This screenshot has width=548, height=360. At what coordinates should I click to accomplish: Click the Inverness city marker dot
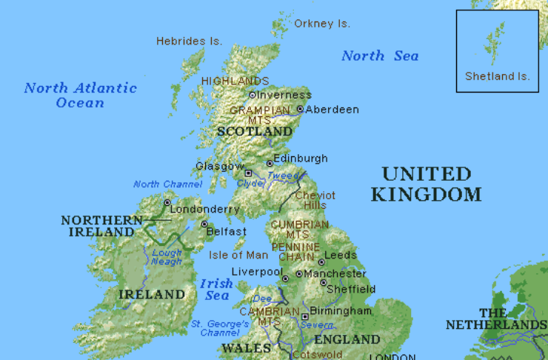[252, 95]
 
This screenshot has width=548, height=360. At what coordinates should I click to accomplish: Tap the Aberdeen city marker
[300, 109]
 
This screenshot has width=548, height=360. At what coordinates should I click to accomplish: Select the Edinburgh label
[300, 159]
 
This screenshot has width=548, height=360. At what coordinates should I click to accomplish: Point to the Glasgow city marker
[249, 173]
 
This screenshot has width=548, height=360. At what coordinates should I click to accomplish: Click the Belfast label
[226, 232]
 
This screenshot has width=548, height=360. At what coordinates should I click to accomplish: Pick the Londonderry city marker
[167, 202]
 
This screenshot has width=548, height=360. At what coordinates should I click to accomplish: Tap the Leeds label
[341, 255]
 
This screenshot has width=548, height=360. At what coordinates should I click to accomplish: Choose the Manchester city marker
[299, 274]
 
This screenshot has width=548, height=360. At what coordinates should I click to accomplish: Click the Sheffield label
[351, 289]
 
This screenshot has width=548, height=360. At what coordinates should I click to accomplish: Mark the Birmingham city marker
[304, 316]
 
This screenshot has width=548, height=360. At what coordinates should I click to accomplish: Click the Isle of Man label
[238, 255]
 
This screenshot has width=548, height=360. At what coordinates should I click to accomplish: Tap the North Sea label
[380, 56]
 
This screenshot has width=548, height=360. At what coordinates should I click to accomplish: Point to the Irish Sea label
[216, 290]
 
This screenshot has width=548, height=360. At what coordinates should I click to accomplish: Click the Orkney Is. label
[322, 24]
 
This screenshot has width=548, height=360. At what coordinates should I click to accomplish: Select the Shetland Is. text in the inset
[497, 76]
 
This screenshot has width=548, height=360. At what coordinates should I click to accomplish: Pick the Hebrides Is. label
[189, 41]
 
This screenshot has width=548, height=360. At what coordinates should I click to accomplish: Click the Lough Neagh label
[167, 257]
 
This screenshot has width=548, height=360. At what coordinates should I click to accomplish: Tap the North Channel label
[157, 184]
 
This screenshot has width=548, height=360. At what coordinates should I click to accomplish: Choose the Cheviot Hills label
[311, 200]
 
